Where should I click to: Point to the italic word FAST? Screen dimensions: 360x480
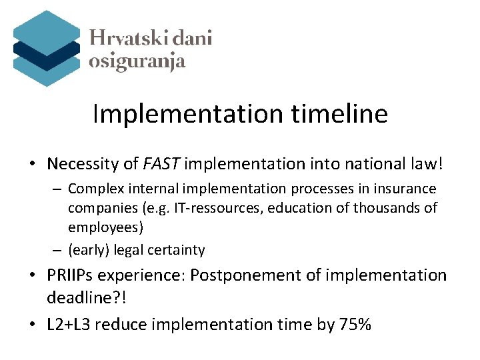pyautogui.click(x=163, y=163)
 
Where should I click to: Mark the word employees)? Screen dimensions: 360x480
pyautogui.click(x=105, y=227)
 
